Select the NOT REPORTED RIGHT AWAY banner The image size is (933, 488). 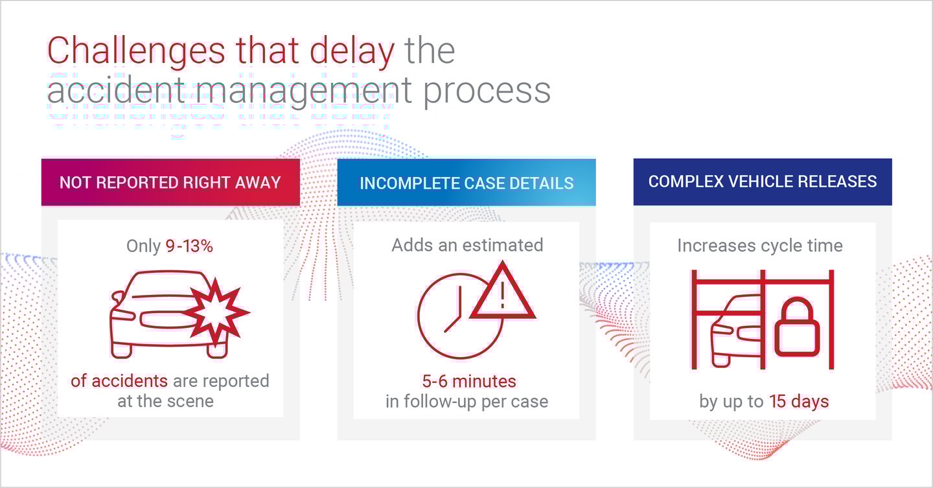(170, 182)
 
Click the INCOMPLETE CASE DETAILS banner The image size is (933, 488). (466, 183)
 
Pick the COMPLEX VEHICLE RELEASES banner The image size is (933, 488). (763, 181)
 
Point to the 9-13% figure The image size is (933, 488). (190, 246)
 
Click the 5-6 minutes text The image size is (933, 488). (466, 380)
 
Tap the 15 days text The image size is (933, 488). (799, 402)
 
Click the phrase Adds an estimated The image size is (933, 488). (467, 245)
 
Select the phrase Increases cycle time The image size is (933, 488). (759, 246)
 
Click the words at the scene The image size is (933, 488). (165, 401)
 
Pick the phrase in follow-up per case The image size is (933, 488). (466, 401)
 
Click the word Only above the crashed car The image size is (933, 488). (143, 246)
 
